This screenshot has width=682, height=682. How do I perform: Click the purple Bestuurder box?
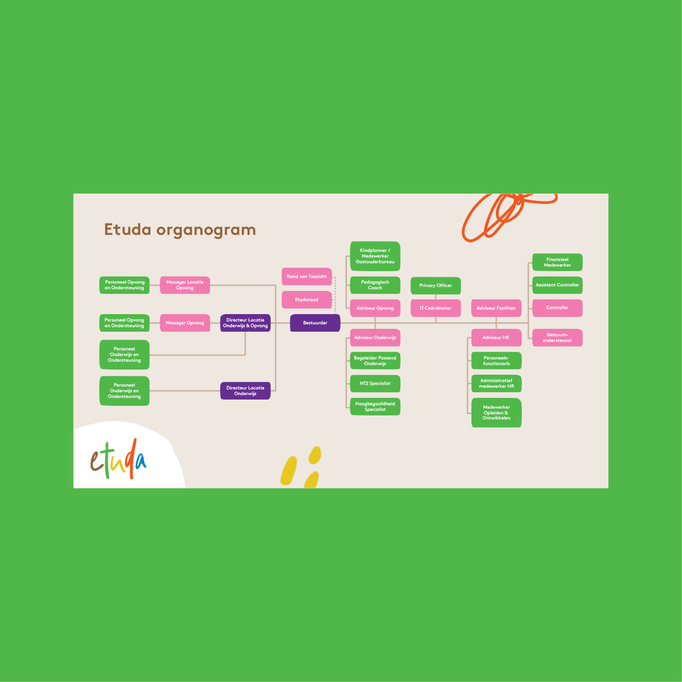(315, 323)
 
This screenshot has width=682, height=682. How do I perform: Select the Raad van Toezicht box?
(307, 277)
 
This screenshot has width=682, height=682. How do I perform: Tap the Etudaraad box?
(307, 300)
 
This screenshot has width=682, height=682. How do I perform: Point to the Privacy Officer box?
(436, 286)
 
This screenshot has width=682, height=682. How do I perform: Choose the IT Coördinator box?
(436, 308)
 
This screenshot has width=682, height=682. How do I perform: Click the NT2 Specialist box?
(375, 384)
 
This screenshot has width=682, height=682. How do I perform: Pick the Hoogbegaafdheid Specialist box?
(375, 407)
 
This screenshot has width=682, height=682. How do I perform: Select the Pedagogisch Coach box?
(375, 285)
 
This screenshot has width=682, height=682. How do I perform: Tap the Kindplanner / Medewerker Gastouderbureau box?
(375, 256)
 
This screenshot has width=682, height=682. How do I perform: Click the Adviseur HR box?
(496, 338)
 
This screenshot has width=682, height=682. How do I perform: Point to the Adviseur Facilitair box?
(496, 308)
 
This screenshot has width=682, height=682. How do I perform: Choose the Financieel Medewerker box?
(557, 263)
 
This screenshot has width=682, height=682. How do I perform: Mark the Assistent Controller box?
(557, 285)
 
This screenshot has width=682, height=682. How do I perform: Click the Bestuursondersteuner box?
(557, 338)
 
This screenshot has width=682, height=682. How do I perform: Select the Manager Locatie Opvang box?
(185, 285)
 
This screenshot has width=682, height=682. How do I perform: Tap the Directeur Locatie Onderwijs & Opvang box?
(245, 323)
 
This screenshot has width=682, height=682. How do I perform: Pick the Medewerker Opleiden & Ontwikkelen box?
(496, 413)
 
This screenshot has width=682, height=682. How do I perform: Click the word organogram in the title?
(206, 230)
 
